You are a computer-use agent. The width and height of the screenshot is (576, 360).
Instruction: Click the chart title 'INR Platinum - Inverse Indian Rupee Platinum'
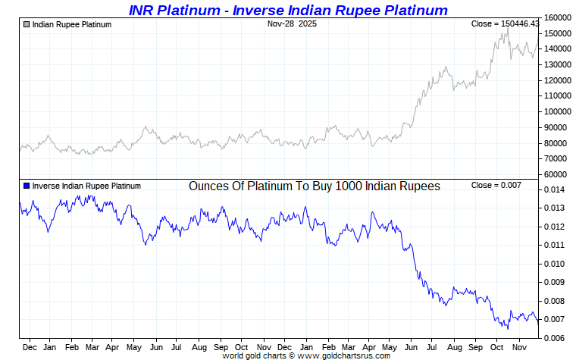[288, 10]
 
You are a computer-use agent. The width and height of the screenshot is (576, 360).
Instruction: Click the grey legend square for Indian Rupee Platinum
[27, 24]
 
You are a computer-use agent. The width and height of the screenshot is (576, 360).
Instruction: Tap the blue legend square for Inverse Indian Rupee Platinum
[27, 186]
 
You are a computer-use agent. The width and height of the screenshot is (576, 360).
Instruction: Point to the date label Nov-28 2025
[293, 24]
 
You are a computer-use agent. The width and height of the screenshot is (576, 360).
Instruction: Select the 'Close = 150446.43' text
[505, 24]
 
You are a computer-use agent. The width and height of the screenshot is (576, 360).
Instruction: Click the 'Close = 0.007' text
[496, 186]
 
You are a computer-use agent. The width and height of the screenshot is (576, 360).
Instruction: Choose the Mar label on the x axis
[91, 347]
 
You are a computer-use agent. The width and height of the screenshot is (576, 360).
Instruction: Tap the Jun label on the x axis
[155, 347]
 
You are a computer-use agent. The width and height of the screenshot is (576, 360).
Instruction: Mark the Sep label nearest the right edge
[476, 347]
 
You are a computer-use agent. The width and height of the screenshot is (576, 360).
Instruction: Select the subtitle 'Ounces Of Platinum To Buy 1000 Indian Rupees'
[314, 186]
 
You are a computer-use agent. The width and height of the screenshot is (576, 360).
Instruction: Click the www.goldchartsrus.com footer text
[344, 355]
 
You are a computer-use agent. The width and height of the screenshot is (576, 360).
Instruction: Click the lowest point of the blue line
[507, 328]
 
